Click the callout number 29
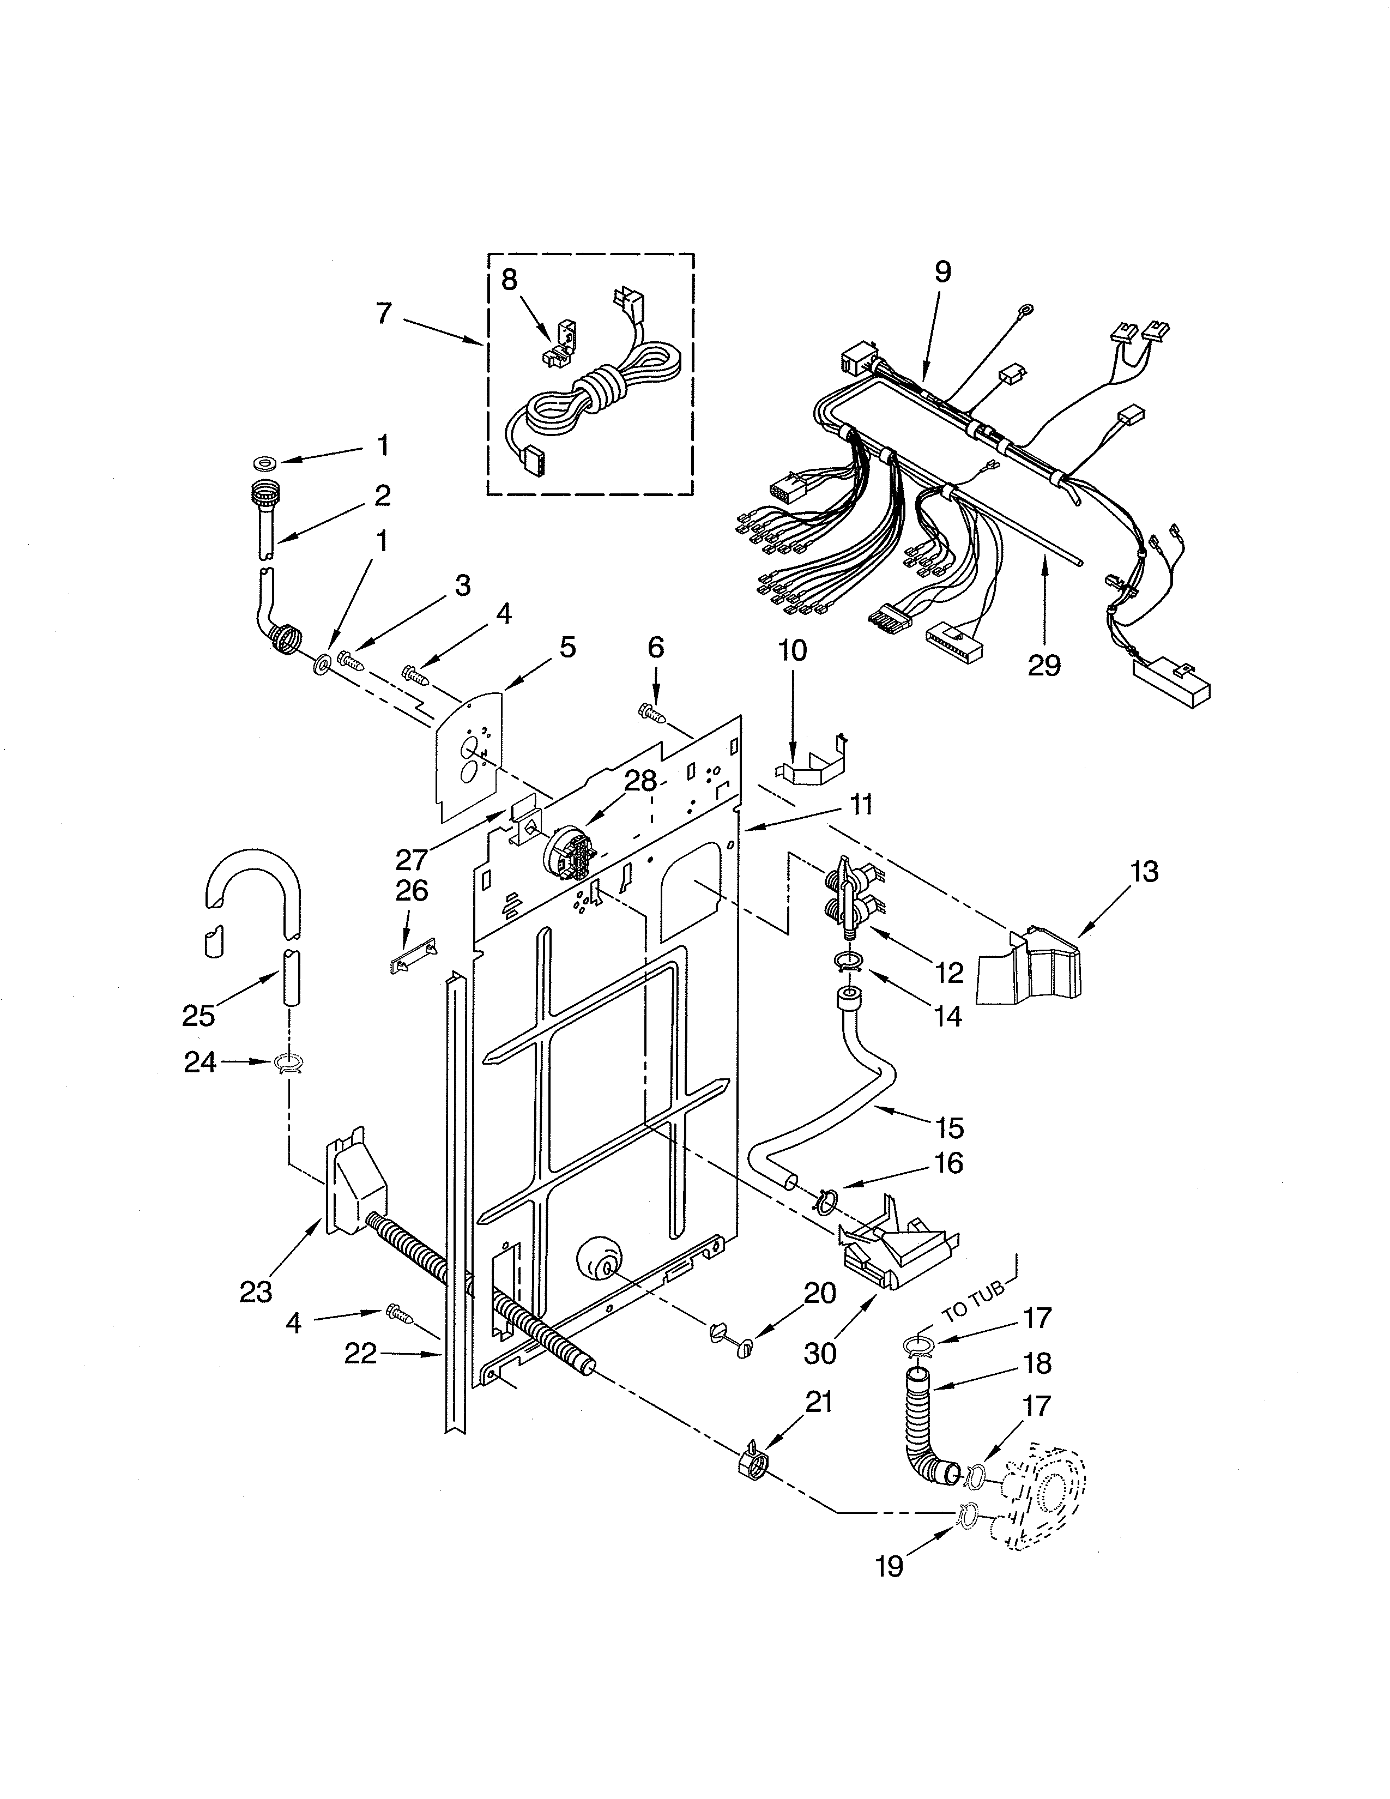tap(1044, 665)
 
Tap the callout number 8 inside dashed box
tap(509, 280)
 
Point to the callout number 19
tap(890, 1565)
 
